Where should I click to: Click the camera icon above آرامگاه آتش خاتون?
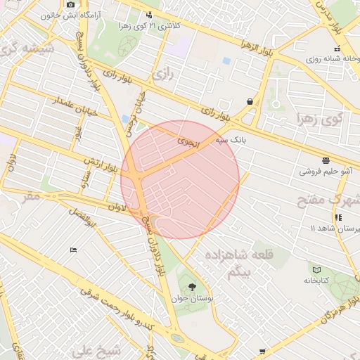coord(70,5)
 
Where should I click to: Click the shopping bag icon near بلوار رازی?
coord(250,101)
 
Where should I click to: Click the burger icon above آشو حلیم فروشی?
coord(325,160)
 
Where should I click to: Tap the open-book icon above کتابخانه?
coord(316,269)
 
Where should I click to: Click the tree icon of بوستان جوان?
coord(192,286)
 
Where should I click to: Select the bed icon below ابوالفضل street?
coord(74,250)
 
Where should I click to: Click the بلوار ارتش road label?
coord(99,167)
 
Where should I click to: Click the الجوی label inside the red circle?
coord(189,143)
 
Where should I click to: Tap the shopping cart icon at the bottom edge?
coord(262,351)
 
